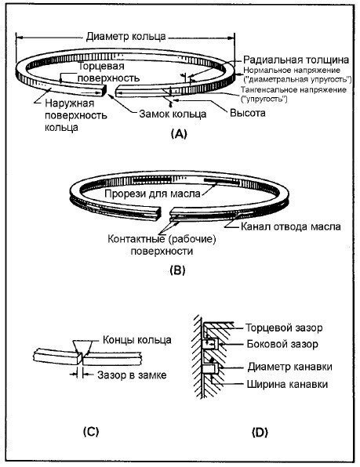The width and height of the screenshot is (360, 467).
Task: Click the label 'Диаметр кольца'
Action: [x=125, y=37]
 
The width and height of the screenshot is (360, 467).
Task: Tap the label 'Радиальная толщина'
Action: [x=296, y=60]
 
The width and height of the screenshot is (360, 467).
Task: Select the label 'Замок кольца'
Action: [x=173, y=114]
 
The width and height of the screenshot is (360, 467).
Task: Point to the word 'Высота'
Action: [x=247, y=113]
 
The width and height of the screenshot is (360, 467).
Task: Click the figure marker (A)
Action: [x=179, y=134]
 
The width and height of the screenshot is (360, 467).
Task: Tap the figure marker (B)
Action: [x=177, y=270]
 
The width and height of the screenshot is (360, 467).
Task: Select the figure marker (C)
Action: [x=91, y=432]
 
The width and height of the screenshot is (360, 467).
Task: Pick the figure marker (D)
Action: [x=260, y=432]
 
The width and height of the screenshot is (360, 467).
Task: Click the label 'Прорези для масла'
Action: [x=153, y=194]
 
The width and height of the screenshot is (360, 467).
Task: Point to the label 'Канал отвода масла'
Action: [x=290, y=226]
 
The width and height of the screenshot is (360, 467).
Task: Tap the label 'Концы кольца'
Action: [x=137, y=340]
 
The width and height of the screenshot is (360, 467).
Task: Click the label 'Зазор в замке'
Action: [x=132, y=375]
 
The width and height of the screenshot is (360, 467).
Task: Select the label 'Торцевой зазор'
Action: [x=284, y=328]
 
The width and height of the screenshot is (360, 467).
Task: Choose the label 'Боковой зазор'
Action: [x=282, y=344]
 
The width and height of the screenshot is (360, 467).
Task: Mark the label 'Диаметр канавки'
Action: [x=289, y=367]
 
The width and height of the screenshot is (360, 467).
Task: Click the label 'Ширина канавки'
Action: [x=287, y=384]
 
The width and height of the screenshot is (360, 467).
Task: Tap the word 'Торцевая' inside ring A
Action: [x=101, y=66]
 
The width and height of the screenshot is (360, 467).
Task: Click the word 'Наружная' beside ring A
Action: [x=70, y=103]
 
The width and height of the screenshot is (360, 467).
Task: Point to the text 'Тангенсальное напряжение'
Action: [x=293, y=89]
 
